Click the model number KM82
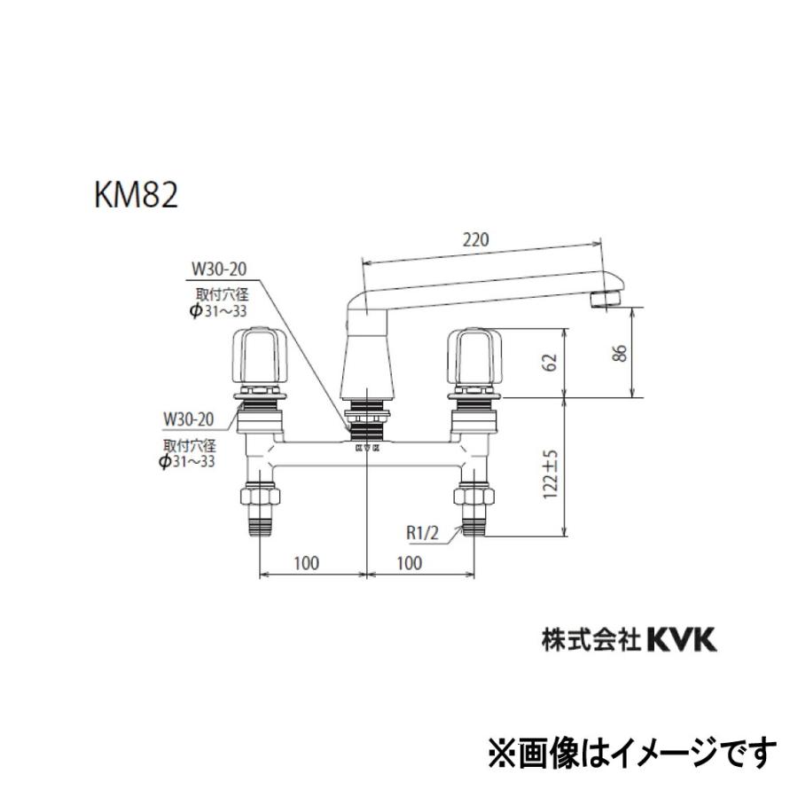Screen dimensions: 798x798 [x=135, y=194]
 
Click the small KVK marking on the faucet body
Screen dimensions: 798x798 [x=367, y=450]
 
